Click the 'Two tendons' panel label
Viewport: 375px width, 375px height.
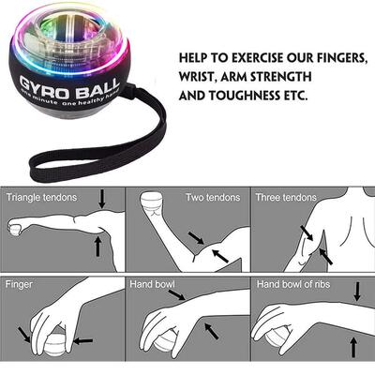(208, 197)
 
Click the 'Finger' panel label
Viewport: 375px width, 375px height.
(20, 283)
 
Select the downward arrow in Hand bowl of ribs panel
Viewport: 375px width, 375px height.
(357, 292)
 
